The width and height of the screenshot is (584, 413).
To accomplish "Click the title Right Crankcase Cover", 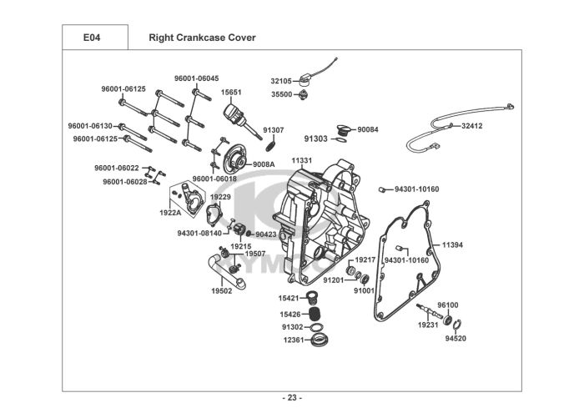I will pos(202,38).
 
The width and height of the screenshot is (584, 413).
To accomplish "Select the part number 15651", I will pos(231,93).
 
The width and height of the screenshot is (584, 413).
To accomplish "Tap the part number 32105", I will pos(281,81).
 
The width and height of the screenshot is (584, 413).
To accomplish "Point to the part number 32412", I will pos(471,125).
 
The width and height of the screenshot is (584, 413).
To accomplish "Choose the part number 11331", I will pos(302,160).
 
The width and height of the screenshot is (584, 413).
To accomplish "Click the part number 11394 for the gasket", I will pos(452,244).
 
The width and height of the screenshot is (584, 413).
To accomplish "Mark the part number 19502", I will pos(221,291).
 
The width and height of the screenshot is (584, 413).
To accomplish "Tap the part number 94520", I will pos(456,339).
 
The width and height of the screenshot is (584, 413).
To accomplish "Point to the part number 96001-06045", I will pos(196,78).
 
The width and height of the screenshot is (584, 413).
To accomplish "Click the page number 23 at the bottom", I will pos(292,396).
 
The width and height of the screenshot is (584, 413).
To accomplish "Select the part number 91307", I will pos(274,130).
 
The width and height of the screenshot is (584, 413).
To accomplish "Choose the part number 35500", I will pos(281,94).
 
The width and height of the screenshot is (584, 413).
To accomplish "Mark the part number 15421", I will pos(289,298).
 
